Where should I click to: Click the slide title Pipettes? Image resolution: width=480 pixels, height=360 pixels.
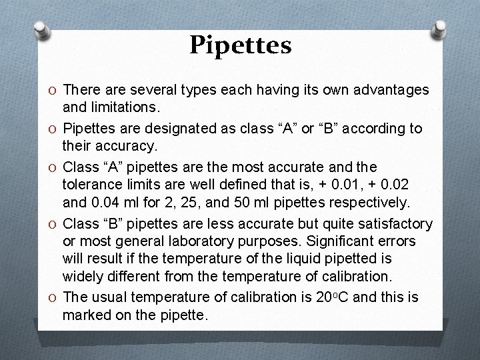[x=241, y=45]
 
